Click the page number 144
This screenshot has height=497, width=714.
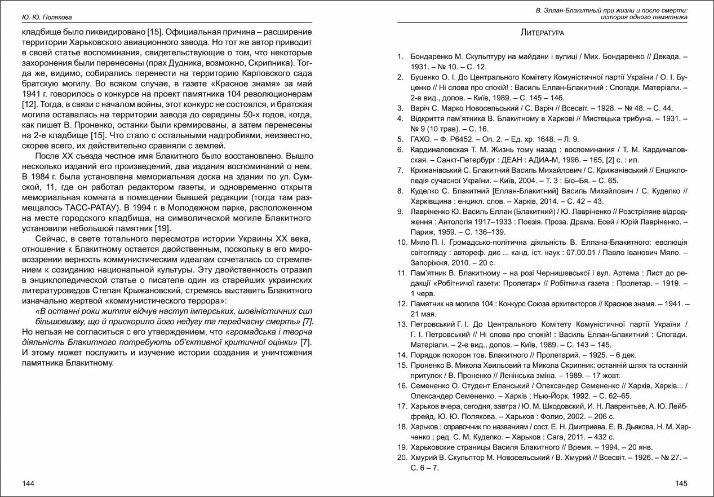pyautogui.click(x=28, y=483)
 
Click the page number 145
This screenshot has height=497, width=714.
pyautogui.click(x=681, y=483)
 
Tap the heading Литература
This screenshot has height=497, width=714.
pyautogui.click(x=542, y=33)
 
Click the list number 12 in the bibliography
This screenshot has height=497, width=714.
pyautogui.click(x=402, y=304)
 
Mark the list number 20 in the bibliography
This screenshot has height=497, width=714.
pyautogui.click(x=402, y=458)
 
